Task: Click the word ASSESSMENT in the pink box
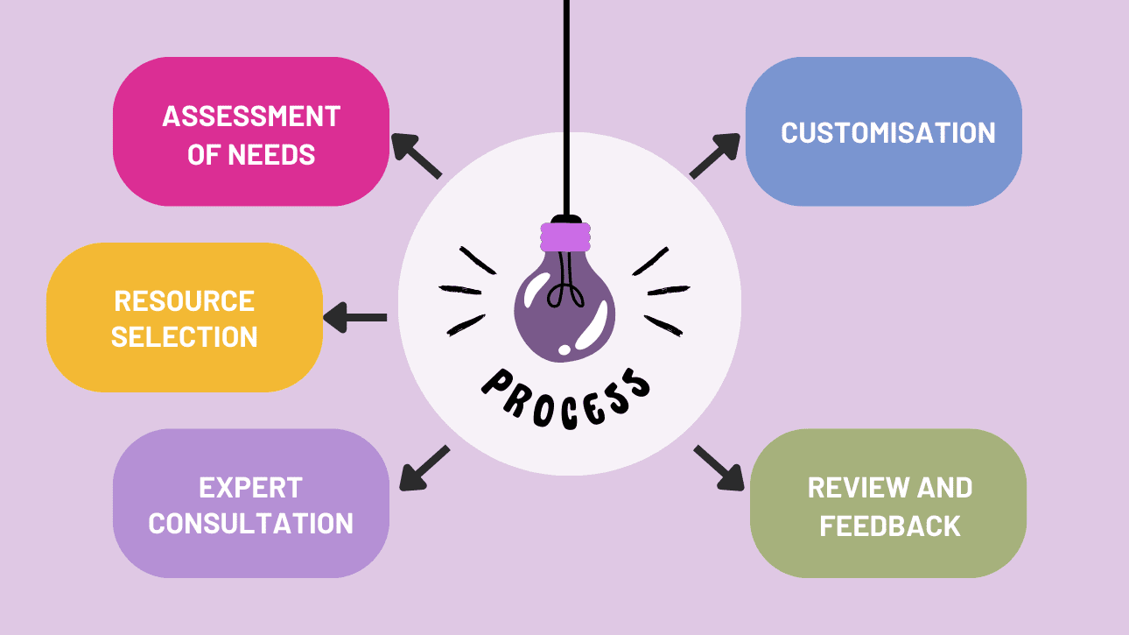coord(251,116)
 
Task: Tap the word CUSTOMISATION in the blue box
coord(888,133)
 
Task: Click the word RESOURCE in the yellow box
coord(185,301)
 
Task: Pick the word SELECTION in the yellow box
coord(185,337)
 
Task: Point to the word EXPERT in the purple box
coord(251,487)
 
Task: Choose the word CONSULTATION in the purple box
coord(251,524)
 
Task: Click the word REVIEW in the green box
coord(848,487)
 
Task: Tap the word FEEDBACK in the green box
coord(890,526)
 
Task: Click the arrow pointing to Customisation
coord(715,155)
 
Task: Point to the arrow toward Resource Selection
coord(355,317)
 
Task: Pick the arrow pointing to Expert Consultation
coord(424,468)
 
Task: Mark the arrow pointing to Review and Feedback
coord(719,467)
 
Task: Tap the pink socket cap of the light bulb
coord(566,236)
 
